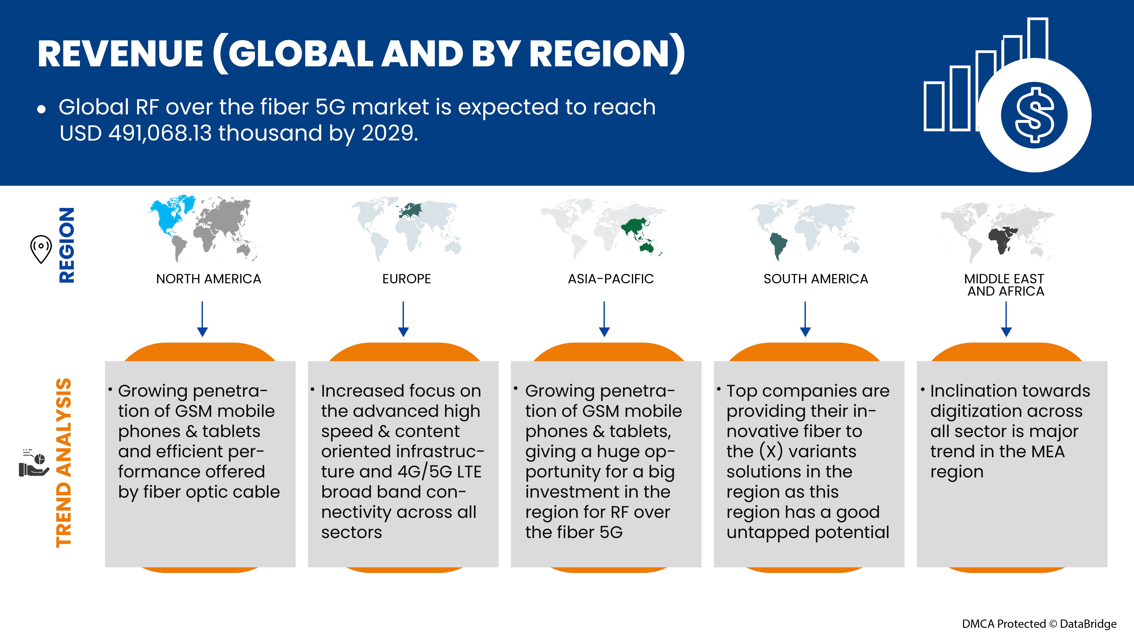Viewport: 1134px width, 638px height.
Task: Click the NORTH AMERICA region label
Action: click(x=209, y=279)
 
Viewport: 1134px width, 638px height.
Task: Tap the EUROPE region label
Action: click(x=406, y=279)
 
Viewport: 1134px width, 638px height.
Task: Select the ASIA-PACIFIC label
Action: click(x=610, y=279)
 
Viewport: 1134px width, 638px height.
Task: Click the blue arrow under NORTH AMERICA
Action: click(x=202, y=319)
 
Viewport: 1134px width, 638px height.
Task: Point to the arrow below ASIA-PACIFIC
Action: click(x=604, y=319)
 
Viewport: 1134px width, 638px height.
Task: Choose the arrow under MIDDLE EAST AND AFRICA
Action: click(x=1006, y=319)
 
